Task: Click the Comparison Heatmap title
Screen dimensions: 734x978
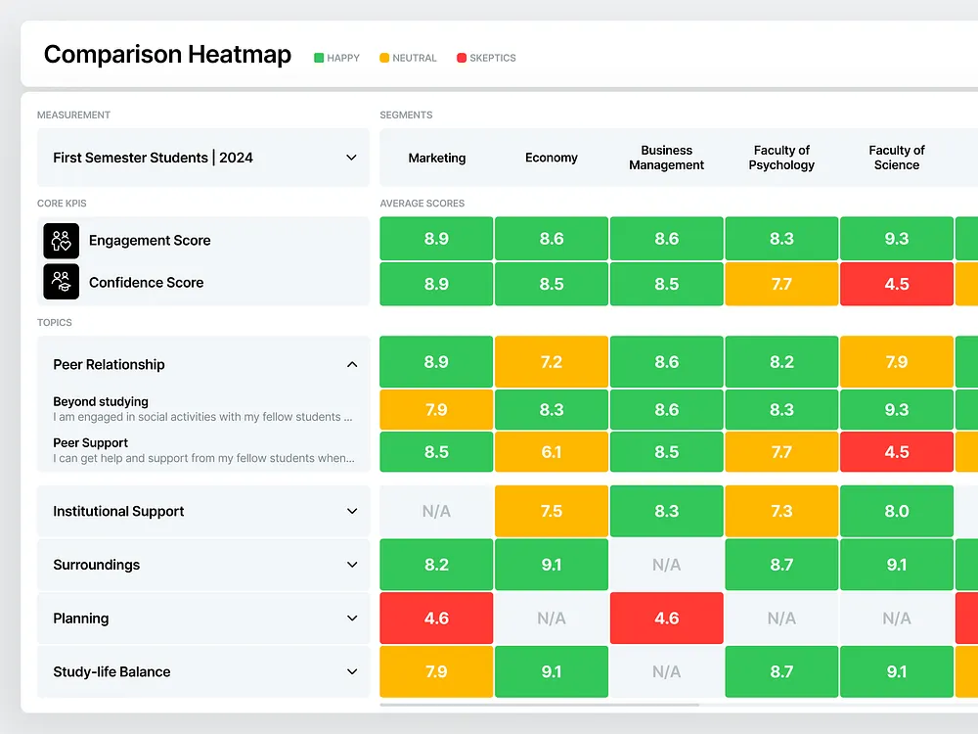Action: coord(167,55)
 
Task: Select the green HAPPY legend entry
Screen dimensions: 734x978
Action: coord(336,58)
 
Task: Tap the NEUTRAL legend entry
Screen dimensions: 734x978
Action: coord(407,58)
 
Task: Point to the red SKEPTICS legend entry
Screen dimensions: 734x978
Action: coord(486,58)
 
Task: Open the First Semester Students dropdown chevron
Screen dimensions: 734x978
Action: coord(351,158)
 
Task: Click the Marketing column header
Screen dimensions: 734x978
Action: coord(437,158)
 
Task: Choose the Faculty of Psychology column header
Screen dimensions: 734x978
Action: coord(781,158)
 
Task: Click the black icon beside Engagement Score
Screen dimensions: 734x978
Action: coord(61,241)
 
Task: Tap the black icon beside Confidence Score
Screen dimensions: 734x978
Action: coord(61,282)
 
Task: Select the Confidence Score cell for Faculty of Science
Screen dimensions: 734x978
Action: coord(896,284)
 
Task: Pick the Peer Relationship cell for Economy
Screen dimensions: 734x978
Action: coord(552,362)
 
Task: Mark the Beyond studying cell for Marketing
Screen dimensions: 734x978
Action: coord(436,410)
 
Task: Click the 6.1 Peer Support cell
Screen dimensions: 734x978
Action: coord(552,452)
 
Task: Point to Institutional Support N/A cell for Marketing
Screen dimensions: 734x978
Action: coord(436,511)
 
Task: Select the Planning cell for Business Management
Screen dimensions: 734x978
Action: coord(666,619)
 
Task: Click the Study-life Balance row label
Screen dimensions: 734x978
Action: coord(111,671)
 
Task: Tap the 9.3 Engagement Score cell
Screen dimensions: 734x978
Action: coord(896,239)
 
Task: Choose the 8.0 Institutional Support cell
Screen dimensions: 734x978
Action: coord(896,511)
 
